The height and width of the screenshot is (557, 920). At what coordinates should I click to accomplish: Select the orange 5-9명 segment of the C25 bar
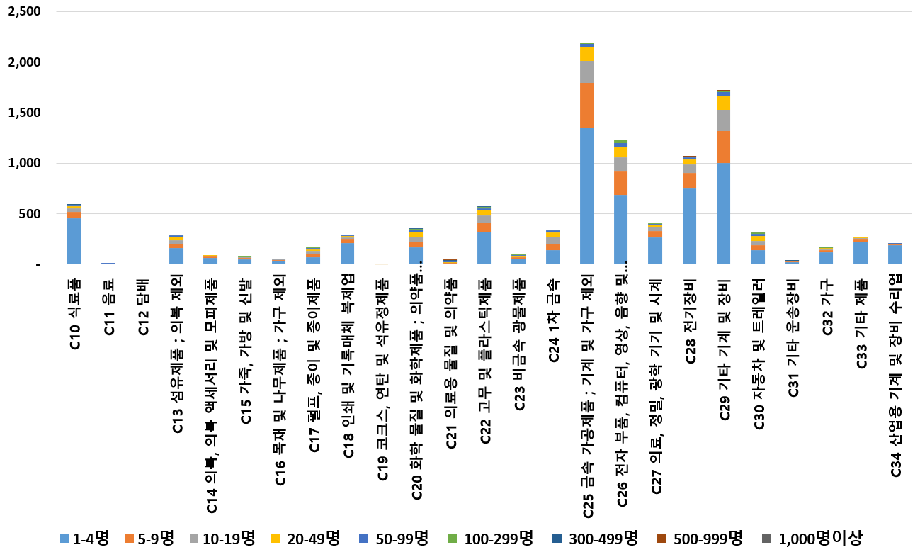[x=586, y=106]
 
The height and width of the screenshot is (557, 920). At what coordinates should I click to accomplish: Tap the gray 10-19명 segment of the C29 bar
[x=723, y=120]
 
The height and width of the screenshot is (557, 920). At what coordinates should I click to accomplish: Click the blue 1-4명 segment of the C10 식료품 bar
[x=74, y=241]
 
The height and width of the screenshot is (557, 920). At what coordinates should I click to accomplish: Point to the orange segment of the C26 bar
[x=620, y=183]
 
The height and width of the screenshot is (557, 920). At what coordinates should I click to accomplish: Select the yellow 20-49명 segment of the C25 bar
[x=586, y=54]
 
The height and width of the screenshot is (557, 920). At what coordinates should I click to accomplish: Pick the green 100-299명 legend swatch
[x=454, y=539]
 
